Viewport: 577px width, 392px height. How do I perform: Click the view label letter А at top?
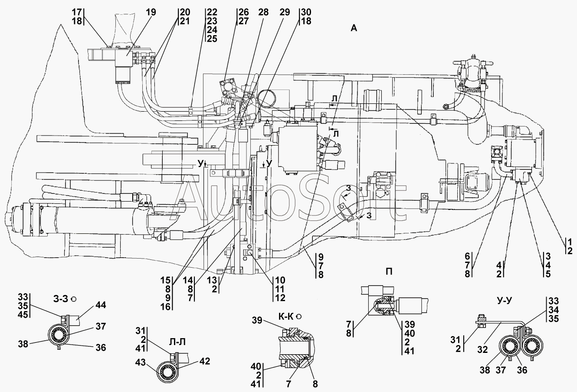pos(354,28)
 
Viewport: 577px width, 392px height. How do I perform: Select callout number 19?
pos(151,12)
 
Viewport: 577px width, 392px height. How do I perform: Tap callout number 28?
pos(263,12)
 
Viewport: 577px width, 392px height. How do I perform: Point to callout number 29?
pos(285,12)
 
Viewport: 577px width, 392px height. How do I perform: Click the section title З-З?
pos(61,299)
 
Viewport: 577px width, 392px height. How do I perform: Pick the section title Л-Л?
pos(177,342)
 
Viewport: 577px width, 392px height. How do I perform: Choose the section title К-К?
pos(285,316)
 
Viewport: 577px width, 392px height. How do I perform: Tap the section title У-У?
pos(504,300)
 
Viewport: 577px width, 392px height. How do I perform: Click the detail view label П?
pos(389,272)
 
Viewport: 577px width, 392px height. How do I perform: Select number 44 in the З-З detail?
pos(101,305)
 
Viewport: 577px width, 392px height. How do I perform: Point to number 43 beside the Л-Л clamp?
pos(141,363)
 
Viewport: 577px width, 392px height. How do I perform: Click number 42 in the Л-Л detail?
pos(205,361)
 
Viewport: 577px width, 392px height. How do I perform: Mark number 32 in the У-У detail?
pos(482,350)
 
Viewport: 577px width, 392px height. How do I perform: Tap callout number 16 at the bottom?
pos(166,307)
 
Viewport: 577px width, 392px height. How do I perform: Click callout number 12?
pos(280,298)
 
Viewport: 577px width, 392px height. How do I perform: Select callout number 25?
pos(212,39)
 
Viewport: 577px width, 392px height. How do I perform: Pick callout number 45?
pos(23,315)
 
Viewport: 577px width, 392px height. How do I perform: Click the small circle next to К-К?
pos(299,316)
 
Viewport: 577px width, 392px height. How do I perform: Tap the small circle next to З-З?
pos(74,299)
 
